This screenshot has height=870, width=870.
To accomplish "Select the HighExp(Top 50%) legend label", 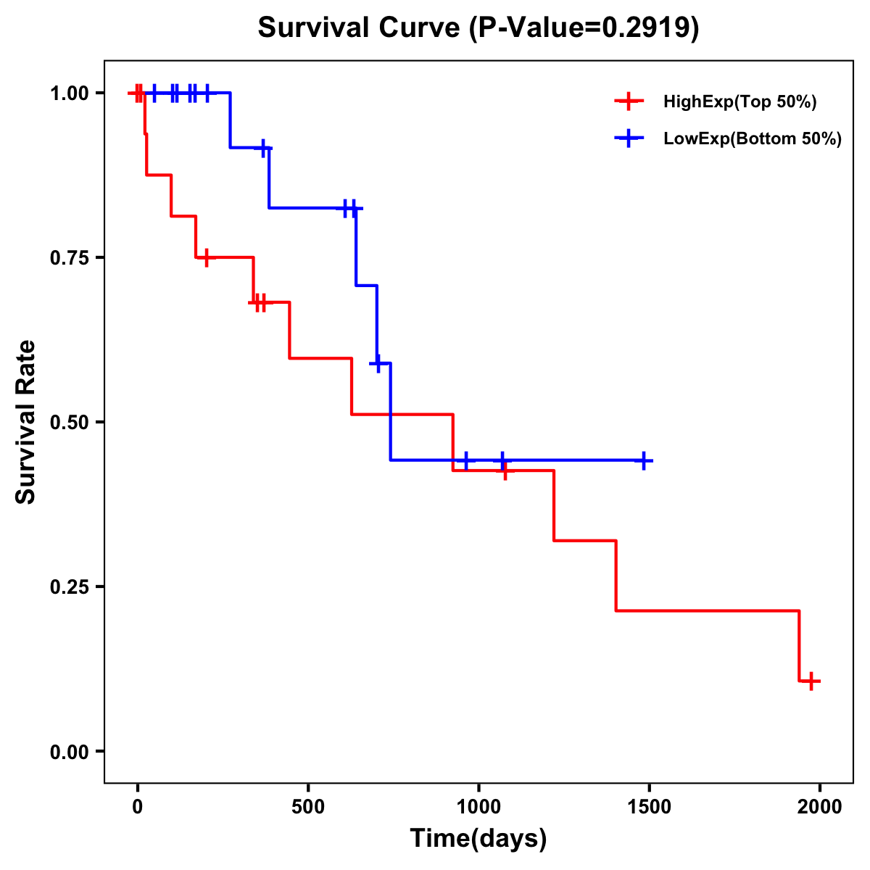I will (739, 102).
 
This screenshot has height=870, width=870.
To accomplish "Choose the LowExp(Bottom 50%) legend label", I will (753, 139).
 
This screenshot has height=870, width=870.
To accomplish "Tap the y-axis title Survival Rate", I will (26, 421).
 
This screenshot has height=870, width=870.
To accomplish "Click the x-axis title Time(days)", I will (478, 838).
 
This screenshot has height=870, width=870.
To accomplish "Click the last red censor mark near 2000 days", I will (811, 681).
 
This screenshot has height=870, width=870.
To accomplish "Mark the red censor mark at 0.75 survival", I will (207, 257).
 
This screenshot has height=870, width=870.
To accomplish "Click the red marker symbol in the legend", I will (629, 101).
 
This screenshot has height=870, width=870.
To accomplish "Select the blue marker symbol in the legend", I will (629, 138).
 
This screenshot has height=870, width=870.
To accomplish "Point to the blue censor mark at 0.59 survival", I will (377, 362).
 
